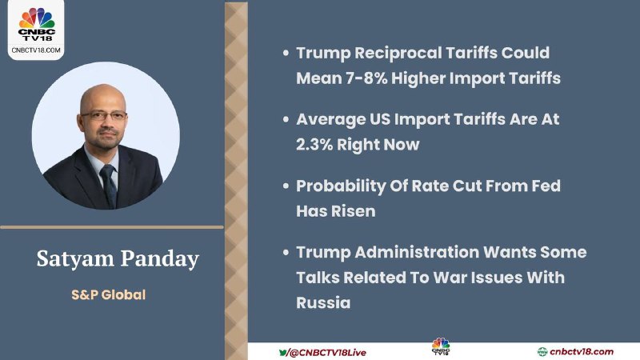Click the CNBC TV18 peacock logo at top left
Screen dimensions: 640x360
point(36,24)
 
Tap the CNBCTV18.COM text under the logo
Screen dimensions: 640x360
point(36,50)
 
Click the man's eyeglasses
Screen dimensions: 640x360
point(104,115)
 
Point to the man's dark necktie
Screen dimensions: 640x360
point(109,185)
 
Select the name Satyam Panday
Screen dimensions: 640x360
point(118,258)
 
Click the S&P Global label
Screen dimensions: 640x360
point(109,294)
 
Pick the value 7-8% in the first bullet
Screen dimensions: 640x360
point(366,78)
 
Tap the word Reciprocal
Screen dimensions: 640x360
point(398,54)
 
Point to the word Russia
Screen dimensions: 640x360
point(323,303)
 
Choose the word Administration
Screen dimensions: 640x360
point(417,252)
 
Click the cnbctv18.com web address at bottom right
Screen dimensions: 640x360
point(582,351)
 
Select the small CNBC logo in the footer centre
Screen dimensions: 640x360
point(441,346)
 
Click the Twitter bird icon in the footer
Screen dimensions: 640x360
point(283,352)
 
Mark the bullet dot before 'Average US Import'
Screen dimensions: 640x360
point(286,119)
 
